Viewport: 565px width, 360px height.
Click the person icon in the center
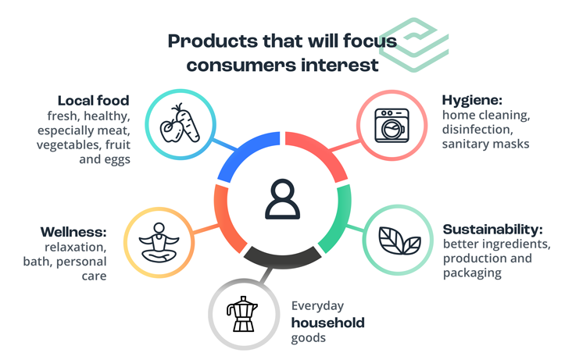click(x=283, y=199)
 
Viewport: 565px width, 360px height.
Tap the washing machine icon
click(x=392, y=125)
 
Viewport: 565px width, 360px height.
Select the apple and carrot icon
click(x=180, y=123)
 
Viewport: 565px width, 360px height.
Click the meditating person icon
click(x=159, y=242)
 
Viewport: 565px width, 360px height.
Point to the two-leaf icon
click(x=399, y=241)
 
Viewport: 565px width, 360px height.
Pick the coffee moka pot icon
click(x=241, y=314)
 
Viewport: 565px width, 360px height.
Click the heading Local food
click(x=93, y=101)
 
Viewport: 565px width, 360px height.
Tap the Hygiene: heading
click(x=472, y=100)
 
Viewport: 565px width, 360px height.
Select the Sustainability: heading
click(x=492, y=229)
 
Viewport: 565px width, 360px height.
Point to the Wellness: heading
click(x=73, y=232)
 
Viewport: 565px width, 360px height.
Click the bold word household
click(x=328, y=323)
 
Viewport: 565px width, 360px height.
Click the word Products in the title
click(x=213, y=41)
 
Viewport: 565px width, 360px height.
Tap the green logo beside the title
click(x=414, y=45)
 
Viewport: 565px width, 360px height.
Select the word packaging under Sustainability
click(x=472, y=273)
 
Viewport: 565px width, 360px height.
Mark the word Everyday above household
click(x=317, y=306)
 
